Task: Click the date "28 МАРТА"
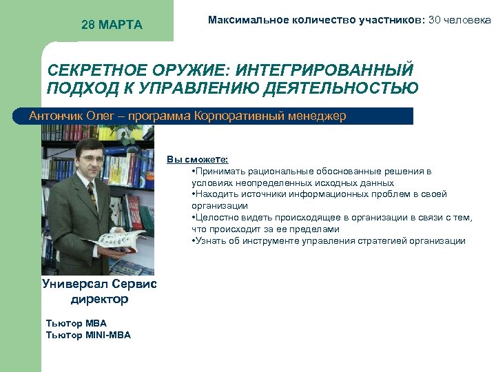[112, 25]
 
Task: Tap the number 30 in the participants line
[435, 20]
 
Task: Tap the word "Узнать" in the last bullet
[211, 241]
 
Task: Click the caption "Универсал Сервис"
[99, 284]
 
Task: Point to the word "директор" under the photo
[99, 300]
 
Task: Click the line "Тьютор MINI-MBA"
[87, 335]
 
